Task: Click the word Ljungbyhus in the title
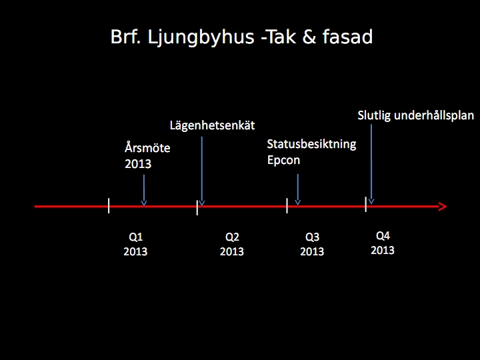201,37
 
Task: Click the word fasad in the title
347,37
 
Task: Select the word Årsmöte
147,148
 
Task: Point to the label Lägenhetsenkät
212,125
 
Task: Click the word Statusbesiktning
311,144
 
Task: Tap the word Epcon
283,161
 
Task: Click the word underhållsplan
434,116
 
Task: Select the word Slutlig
374,116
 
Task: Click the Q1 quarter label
135,237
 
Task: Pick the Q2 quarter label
232,237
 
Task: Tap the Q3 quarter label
312,237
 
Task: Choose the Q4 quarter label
383,236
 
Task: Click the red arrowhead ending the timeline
443,207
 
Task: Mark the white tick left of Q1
109,205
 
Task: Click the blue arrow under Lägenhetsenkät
202,171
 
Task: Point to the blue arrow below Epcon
297,190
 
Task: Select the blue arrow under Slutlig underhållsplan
371,164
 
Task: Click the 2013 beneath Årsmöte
138,164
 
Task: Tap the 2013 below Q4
383,251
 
